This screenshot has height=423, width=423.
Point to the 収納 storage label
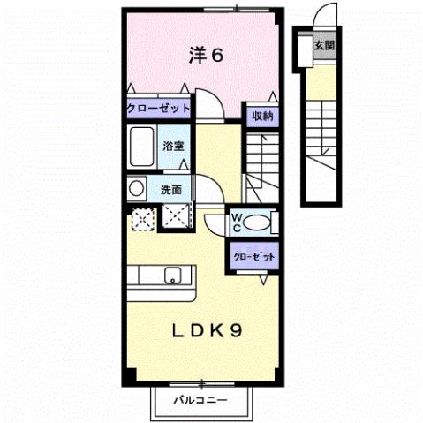pyautogui.click(x=261, y=116)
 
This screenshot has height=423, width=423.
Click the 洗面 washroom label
pyautogui.click(x=170, y=189)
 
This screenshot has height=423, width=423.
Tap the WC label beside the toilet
pyautogui.click(x=238, y=222)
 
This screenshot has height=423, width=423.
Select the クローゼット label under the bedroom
pyautogui.click(x=158, y=108)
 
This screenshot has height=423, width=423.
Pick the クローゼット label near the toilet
pyautogui.click(x=253, y=256)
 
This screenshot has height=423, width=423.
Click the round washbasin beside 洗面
pyautogui.click(x=136, y=188)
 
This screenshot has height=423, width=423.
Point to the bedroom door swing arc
pyautogui.click(x=205, y=102)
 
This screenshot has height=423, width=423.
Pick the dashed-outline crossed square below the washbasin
pyautogui.click(x=141, y=217)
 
